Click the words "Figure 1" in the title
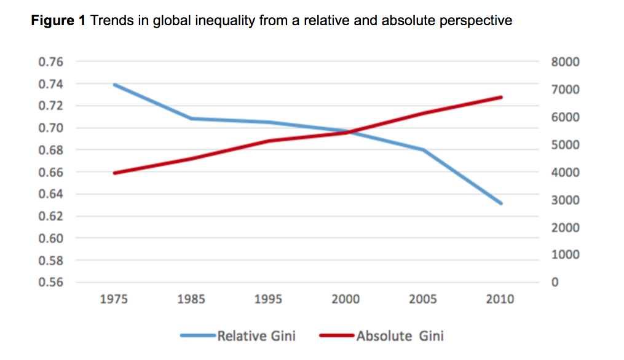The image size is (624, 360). pos(59,22)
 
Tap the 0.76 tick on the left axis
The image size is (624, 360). pos(50,62)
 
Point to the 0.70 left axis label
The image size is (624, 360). pos(50,128)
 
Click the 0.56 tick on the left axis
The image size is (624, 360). pos(50,283)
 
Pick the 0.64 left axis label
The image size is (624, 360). pos(50,194)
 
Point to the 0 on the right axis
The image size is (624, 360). pos(556,283)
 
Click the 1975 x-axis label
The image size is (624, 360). pos(114,300)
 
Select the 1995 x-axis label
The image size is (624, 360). pos(269,300)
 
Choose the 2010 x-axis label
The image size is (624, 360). pos(500,300)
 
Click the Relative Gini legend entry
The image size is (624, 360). pos(256,336)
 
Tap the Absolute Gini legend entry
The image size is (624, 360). pos(400,336)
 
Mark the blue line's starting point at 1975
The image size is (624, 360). pos(114,85)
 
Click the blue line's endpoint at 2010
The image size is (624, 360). pos(502,203)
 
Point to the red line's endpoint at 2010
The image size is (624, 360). pos(502,97)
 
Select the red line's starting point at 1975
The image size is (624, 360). pos(114,173)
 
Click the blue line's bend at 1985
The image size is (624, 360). pos(192,119)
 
